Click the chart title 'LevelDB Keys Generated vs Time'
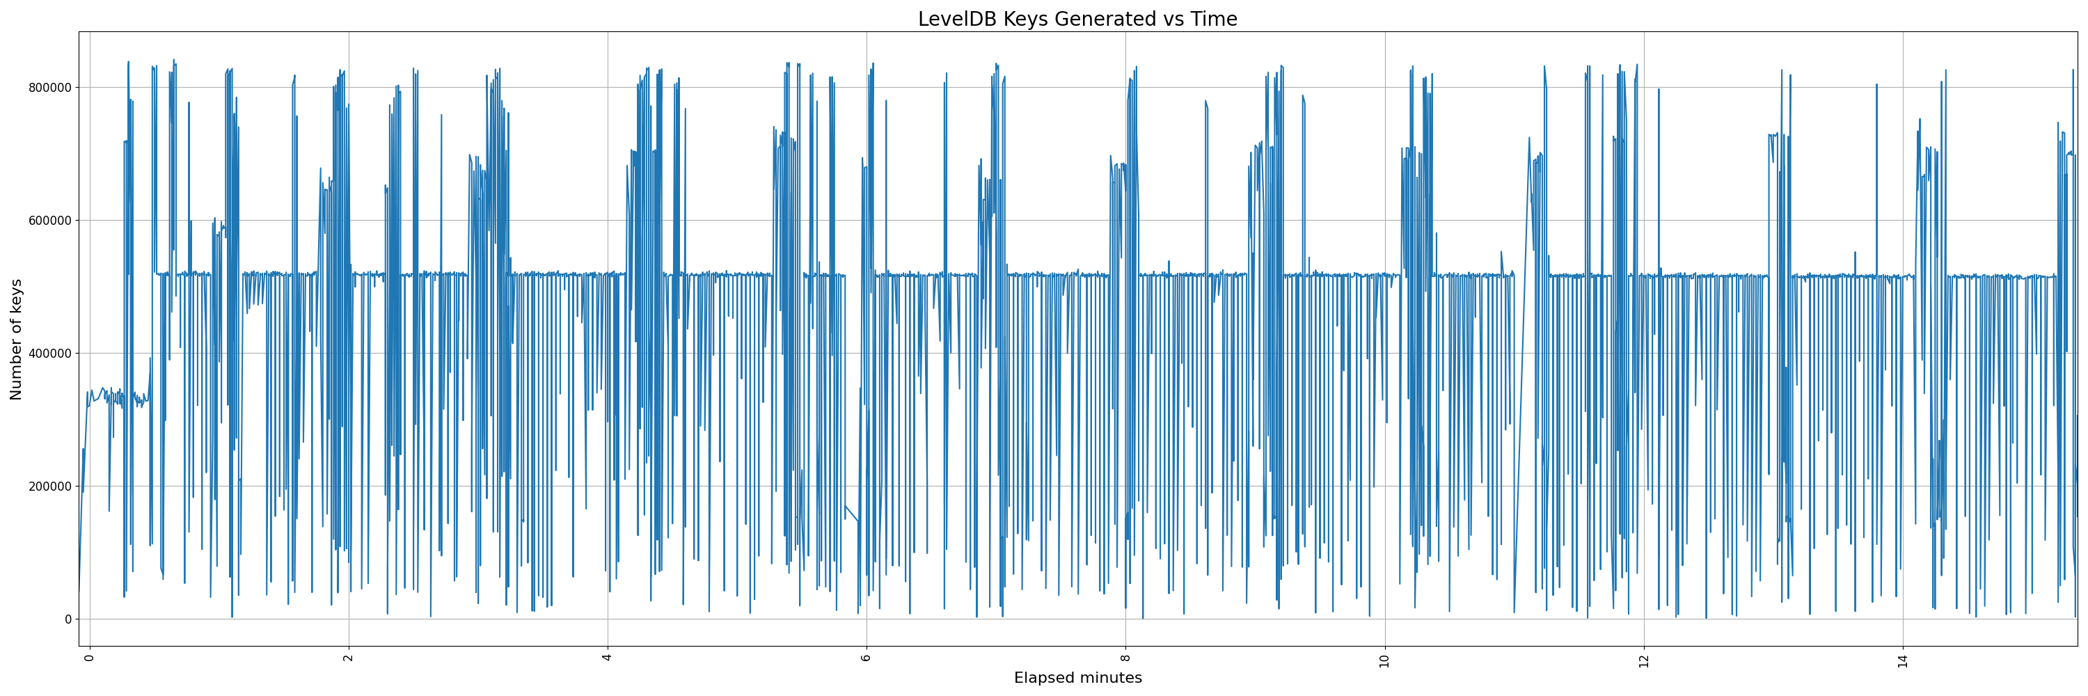(1077, 19)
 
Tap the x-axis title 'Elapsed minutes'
(1077, 678)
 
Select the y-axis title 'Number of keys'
(16, 340)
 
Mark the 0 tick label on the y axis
(68, 619)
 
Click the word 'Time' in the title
(1213, 19)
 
